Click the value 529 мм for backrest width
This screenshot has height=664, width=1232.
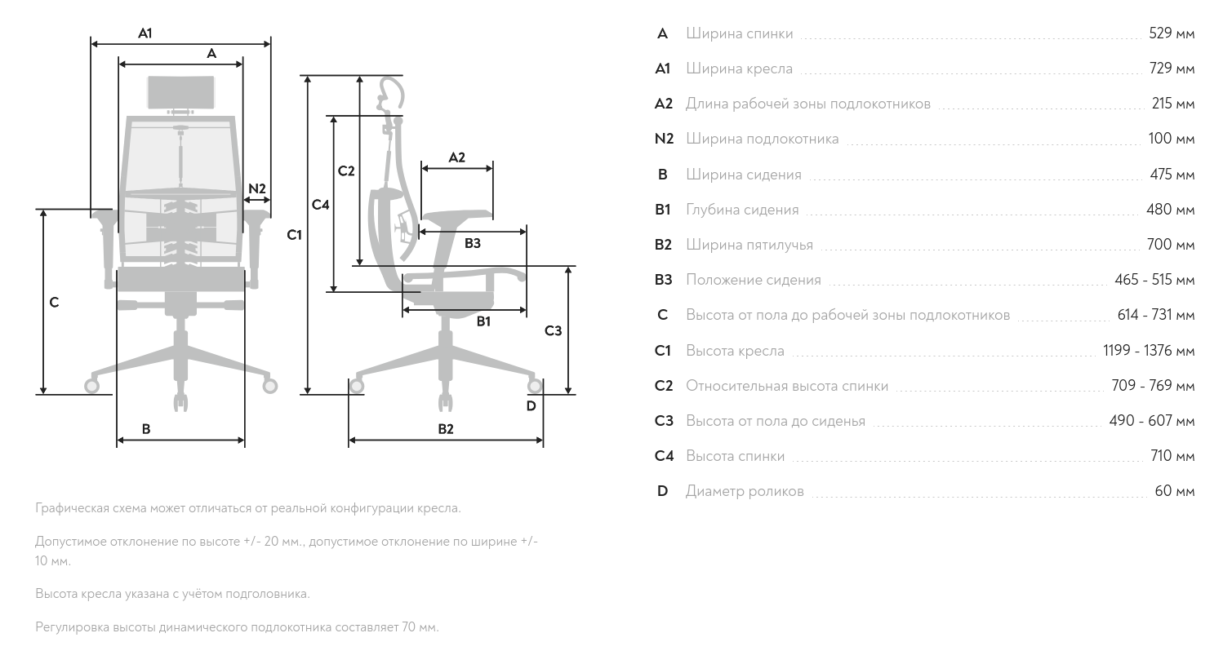[1171, 33]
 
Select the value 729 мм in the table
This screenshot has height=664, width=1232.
[1171, 69]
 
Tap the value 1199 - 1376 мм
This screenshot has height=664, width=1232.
[1148, 351]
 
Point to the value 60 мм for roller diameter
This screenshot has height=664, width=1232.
[1174, 491]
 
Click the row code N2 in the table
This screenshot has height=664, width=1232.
[664, 139]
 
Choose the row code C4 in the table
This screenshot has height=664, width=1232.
[664, 456]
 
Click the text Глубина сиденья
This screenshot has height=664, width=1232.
[741, 210]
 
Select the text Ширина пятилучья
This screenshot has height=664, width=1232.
[749, 245]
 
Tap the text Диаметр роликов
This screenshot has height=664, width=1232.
[744, 491]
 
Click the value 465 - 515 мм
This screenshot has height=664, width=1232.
[1154, 280]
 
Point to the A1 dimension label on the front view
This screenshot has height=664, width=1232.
[145, 33]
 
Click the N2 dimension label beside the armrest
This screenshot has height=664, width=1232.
[257, 188]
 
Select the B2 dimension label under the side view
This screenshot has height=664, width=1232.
[445, 428]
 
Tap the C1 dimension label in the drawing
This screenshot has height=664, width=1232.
[294, 235]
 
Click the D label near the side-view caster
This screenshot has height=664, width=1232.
[531, 405]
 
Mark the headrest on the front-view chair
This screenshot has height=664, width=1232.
[181, 92]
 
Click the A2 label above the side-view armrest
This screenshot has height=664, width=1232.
[456, 157]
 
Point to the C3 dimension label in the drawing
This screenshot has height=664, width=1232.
[553, 330]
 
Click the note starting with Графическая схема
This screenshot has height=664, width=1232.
[248, 508]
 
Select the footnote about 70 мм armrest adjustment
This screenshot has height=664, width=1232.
[237, 627]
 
